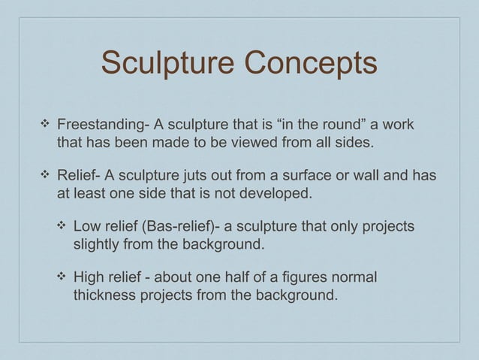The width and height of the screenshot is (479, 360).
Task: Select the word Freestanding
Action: [x=101, y=123]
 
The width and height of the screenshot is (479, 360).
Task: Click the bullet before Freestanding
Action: [x=45, y=123]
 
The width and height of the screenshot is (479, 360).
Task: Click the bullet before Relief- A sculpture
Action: [x=45, y=176]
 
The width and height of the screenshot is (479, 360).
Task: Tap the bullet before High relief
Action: [x=61, y=278]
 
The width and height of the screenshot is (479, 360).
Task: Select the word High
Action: [x=89, y=278]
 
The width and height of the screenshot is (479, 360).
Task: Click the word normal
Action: [x=357, y=278]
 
